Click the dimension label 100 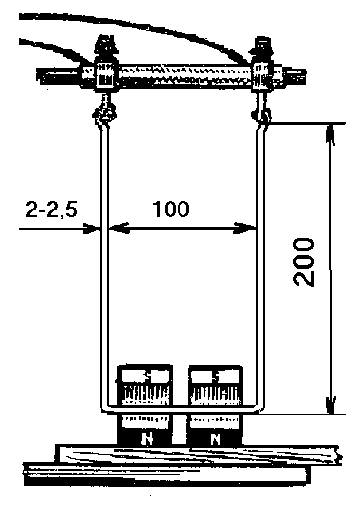[170, 210]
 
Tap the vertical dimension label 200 [304, 262]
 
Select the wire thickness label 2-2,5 [52, 210]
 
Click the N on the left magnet [148, 439]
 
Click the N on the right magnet [216, 439]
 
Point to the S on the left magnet [148, 377]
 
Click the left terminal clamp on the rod [105, 76]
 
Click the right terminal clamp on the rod [261, 76]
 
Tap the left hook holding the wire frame [103, 112]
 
